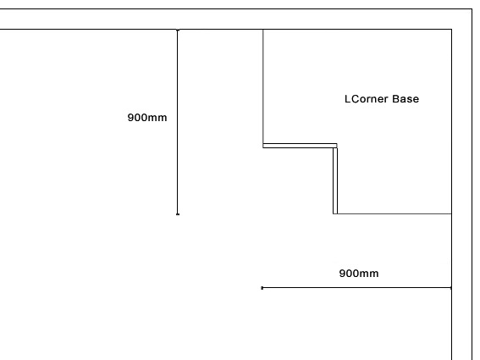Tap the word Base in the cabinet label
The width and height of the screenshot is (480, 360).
tap(406, 99)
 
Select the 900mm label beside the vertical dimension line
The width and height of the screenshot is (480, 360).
tap(147, 118)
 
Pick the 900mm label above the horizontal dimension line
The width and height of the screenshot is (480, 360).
tap(359, 274)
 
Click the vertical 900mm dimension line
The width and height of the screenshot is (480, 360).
tap(178, 122)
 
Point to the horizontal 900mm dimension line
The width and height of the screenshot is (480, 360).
tap(356, 288)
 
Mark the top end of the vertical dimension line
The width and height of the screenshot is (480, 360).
tap(178, 30)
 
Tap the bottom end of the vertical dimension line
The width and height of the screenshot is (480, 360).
tap(178, 214)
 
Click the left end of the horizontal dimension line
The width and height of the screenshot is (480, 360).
tap(262, 288)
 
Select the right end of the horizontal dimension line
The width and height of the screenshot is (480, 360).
tap(451, 288)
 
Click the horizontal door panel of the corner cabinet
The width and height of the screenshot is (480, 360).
tap(300, 146)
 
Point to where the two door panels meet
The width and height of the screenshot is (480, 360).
tap(335, 146)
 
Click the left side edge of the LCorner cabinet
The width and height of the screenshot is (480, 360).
tap(263, 86)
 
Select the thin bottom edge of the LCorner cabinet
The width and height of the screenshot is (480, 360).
tap(394, 213)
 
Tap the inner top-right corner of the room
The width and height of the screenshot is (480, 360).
tap(451, 30)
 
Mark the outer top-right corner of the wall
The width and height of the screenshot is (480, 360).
tap(472, 9)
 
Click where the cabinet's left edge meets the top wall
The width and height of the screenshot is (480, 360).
tap(263, 30)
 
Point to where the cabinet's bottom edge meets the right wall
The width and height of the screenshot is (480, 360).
tap(451, 213)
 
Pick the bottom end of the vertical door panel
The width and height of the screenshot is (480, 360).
tap(335, 213)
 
